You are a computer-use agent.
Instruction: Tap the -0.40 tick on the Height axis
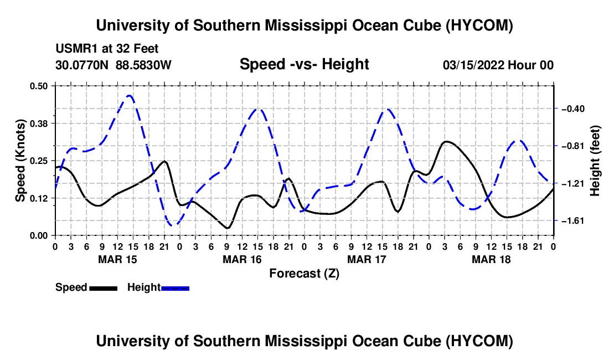click(572, 109)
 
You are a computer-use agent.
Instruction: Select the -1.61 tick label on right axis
click(572, 221)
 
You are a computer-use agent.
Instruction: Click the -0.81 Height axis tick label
click(572, 146)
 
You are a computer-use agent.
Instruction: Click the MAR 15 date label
click(118, 259)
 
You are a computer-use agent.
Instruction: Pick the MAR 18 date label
click(491, 259)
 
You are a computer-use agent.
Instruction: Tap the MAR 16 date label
click(242, 259)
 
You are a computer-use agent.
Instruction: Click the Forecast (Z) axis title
click(304, 274)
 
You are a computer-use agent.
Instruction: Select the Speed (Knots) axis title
click(20, 161)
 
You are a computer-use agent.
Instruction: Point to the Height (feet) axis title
click(595, 161)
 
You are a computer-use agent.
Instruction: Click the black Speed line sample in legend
click(104, 289)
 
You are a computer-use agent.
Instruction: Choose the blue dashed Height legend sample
click(175, 289)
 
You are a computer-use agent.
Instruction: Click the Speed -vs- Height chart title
click(304, 64)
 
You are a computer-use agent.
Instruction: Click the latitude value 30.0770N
click(81, 65)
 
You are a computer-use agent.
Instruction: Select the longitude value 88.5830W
click(143, 65)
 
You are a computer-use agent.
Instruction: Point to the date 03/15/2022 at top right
click(473, 65)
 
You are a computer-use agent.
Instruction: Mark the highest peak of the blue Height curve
click(130, 95)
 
